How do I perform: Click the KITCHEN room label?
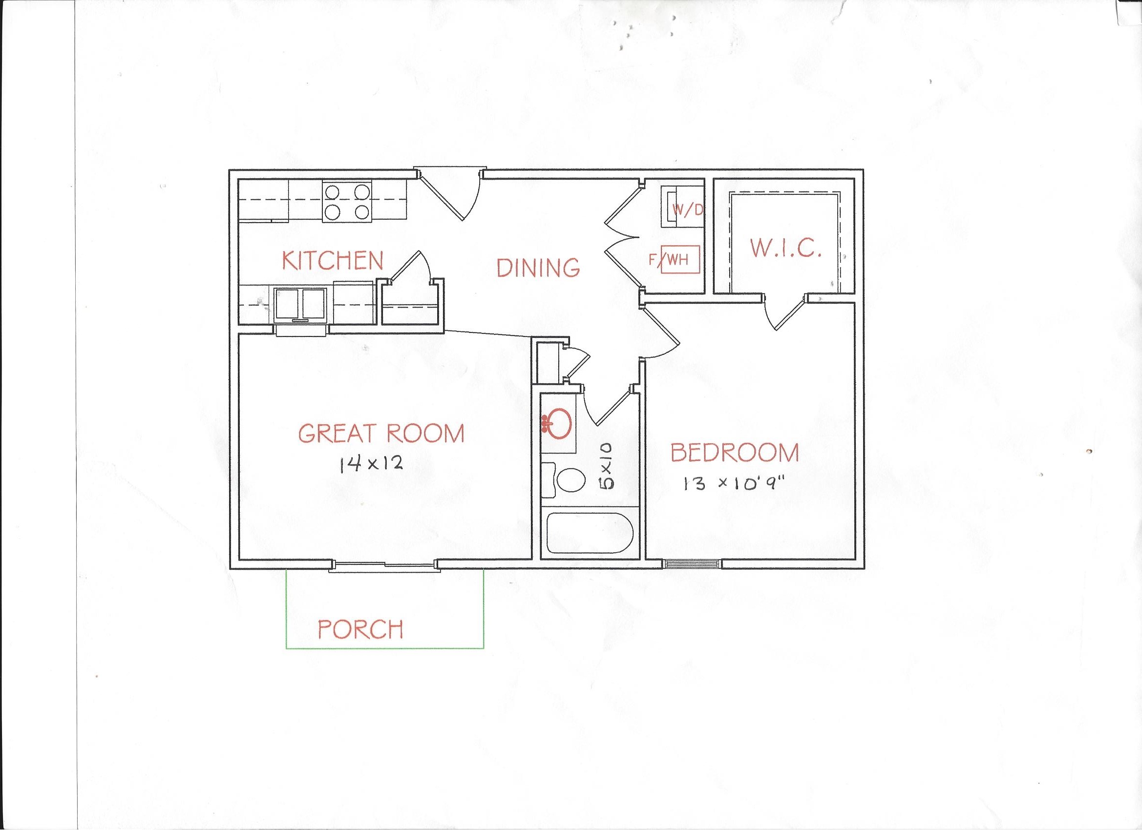pos(332,260)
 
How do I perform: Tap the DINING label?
pos(538,267)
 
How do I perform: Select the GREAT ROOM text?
pos(381,434)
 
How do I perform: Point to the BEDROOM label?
pos(735,453)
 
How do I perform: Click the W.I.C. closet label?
pos(786,249)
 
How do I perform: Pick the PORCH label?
pos(360,629)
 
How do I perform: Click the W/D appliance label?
pos(691,210)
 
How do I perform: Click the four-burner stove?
pos(347,202)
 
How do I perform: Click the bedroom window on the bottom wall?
pos(691,564)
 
